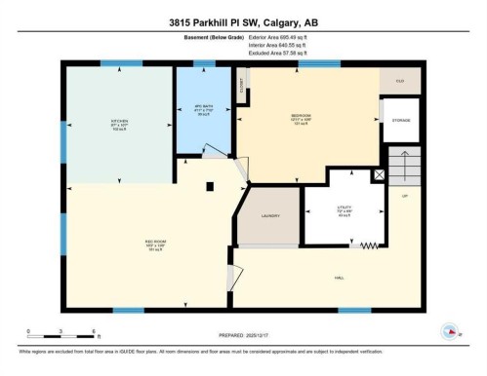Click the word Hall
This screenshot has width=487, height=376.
pos(338,278)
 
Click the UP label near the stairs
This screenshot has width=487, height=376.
pos(404,196)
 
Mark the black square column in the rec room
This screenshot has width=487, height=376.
pos(209,186)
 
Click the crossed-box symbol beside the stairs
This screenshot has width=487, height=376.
pos(381,176)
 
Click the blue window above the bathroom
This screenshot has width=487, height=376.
pos(204,64)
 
